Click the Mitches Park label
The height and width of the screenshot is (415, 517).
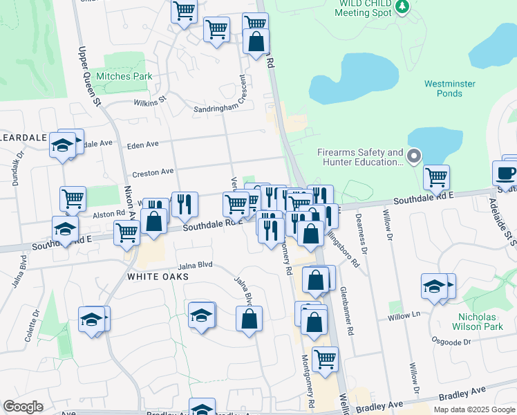(x=124, y=76)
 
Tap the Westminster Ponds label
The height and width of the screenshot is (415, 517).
(x=449, y=89)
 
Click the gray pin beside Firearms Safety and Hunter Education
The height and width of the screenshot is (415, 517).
(x=414, y=156)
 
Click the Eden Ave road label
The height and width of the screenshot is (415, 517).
(x=144, y=145)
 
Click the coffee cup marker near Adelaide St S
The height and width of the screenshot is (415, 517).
(x=506, y=174)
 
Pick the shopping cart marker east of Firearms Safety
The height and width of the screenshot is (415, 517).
(x=436, y=178)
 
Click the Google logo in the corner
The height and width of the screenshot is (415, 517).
(x=23, y=407)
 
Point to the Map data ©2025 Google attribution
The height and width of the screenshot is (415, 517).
(x=473, y=409)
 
